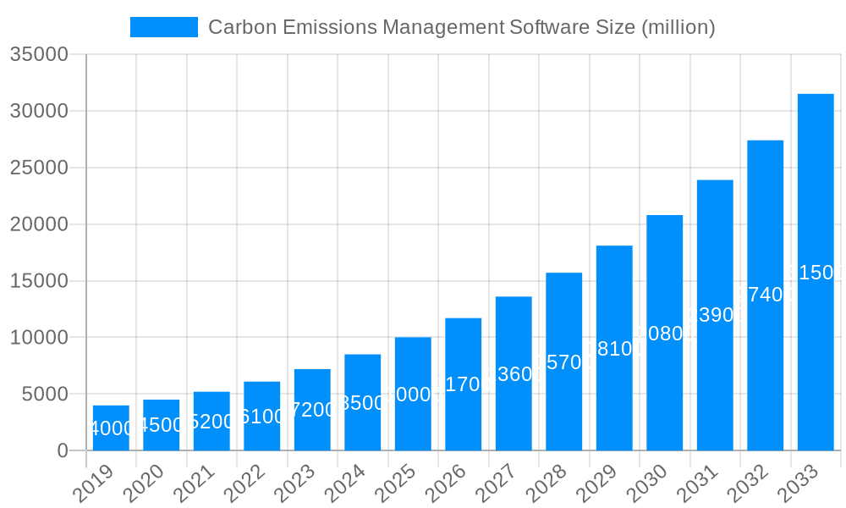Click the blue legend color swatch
[163, 27]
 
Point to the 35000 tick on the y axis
[39, 55]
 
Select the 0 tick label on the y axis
[63, 451]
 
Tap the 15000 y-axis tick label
[39, 281]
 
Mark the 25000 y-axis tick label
[39, 168]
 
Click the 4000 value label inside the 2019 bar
[111, 428]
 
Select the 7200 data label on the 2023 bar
[312, 410]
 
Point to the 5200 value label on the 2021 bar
[211, 422]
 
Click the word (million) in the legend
[678, 27]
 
